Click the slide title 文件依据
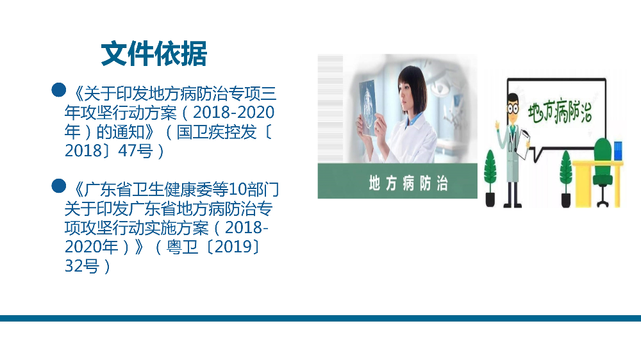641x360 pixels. [154, 54]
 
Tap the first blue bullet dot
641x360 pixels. [59, 90]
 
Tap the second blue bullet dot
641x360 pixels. [59, 186]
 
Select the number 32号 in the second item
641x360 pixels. [82, 266]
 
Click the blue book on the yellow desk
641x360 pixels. [617, 151]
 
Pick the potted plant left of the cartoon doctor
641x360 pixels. [490, 176]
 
